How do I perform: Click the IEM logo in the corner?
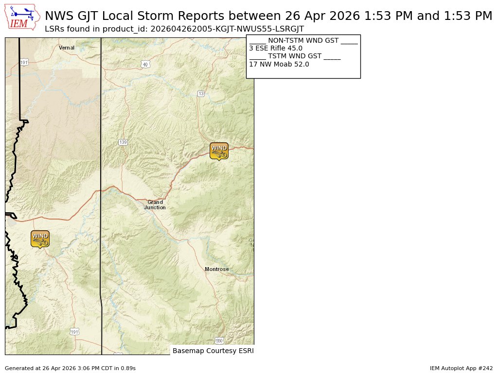[x=22, y=17]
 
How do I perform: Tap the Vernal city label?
[x=67, y=48]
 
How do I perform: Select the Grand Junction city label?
[x=155, y=205]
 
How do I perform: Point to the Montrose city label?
[x=216, y=269]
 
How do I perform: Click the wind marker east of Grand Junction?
[x=219, y=151]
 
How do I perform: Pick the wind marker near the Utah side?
[x=40, y=238]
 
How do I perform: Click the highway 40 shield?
[x=145, y=64]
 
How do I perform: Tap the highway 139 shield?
[x=123, y=142]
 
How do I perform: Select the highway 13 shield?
[x=201, y=93]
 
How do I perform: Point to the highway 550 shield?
[x=219, y=340]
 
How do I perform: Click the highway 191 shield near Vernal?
[x=24, y=63]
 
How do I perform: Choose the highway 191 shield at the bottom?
[x=74, y=332]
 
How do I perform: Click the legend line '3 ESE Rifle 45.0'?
[x=276, y=49]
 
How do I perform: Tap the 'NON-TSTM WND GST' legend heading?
[x=303, y=41]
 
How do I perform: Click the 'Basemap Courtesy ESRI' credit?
[x=213, y=351]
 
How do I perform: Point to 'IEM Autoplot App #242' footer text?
[x=461, y=369]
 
